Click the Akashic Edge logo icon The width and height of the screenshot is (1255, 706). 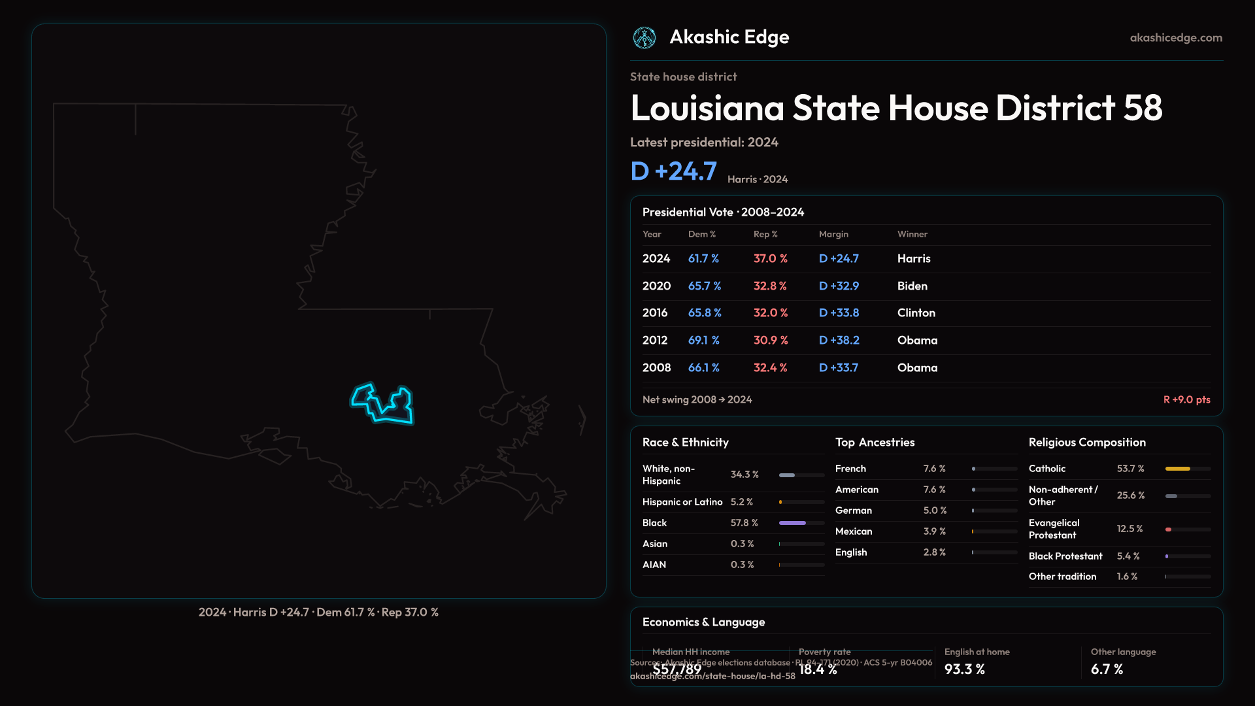click(644, 38)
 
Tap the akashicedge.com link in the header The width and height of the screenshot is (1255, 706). click(1176, 38)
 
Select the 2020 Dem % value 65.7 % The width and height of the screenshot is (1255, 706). click(704, 286)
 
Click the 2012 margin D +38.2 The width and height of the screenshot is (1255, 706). click(839, 341)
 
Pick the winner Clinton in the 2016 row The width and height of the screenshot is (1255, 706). click(916, 313)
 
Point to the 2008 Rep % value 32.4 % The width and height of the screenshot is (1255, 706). click(770, 368)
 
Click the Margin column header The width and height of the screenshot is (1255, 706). click(833, 234)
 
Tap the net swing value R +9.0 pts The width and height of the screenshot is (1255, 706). click(1186, 399)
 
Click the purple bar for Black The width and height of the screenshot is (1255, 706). click(792, 523)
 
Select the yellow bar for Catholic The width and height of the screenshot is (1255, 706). click(1177, 469)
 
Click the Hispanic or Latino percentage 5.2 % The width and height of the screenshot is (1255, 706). click(741, 502)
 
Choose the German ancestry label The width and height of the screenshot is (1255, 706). click(853, 511)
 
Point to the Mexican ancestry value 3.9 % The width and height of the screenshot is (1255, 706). click(934, 531)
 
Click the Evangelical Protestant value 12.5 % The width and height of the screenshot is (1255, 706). click(1129, 529)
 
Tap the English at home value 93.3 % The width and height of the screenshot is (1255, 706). click(964, 669)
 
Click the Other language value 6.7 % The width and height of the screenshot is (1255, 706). click(1107, 669)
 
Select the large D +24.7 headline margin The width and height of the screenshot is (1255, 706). click(673, 171)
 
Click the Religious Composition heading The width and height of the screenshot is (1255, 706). click(1086, 443)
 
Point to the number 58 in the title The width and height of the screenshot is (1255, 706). click(1143, 108)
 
